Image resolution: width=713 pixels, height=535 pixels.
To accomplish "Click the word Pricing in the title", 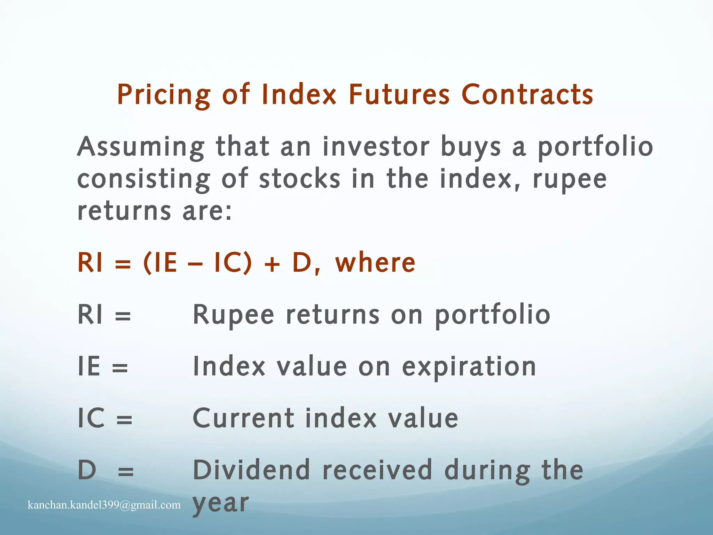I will coord(164,95).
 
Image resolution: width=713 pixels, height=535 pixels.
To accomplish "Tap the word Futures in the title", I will coord(399,95).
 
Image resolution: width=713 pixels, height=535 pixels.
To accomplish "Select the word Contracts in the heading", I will coord(527,95).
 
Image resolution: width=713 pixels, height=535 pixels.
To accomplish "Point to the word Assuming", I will coord(141,147).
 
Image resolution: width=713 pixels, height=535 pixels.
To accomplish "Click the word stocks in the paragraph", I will coord(299,179).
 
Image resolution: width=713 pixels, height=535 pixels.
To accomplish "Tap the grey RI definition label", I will coord(90,314).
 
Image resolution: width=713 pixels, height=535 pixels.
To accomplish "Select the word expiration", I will coord(469,367).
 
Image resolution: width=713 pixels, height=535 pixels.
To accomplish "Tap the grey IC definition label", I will coord(91,418).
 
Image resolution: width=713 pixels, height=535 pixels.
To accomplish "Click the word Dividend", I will coord(251,470).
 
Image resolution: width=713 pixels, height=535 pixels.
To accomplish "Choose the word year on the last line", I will coord(221,503).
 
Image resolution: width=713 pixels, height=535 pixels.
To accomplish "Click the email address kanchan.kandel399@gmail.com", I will coord(104,505).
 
